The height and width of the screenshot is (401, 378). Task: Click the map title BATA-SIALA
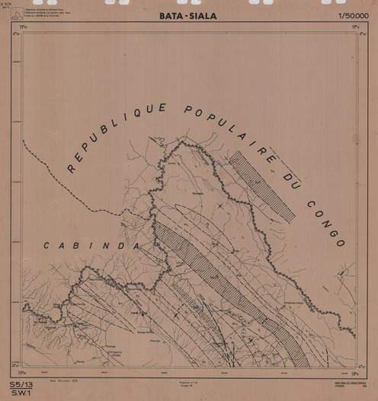187,14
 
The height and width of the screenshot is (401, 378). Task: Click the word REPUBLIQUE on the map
107,135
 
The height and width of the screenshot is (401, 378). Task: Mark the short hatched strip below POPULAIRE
261,186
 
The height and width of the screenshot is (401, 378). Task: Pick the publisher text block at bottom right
336,383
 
